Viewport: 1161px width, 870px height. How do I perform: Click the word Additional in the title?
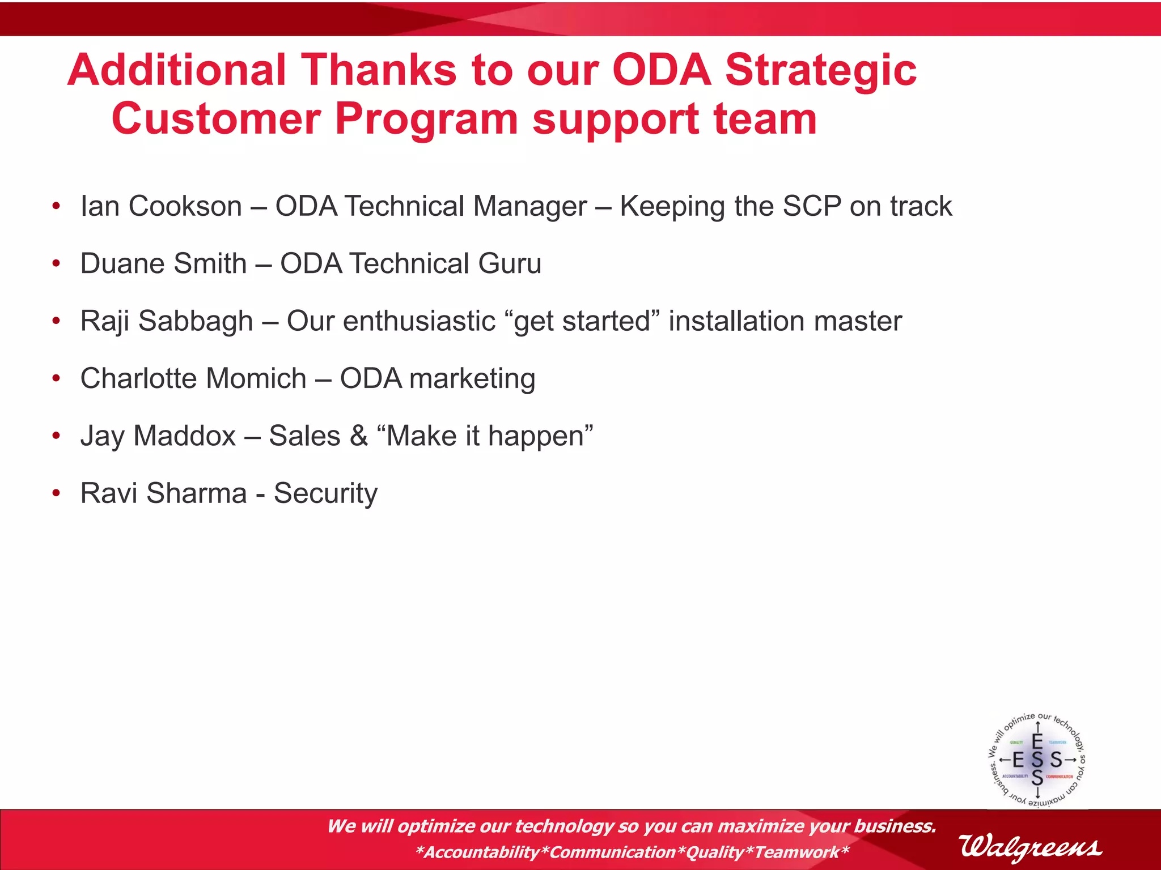coord(176,70)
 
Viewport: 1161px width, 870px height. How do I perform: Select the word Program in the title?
coord(426,120)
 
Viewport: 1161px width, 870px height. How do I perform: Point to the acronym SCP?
coord(811,206)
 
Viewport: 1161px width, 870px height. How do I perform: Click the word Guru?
coord(510,264)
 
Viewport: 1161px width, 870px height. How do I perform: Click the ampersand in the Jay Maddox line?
coord(358,436)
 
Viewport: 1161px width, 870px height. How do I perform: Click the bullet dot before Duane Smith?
coord(56,264)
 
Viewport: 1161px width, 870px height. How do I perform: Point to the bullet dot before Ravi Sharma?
coord(56,493)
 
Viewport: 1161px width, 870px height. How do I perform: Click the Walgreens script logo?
coord(1030,847)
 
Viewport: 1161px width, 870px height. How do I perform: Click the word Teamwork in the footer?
coord(796,852)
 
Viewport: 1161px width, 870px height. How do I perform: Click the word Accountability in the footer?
coord(481,852)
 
